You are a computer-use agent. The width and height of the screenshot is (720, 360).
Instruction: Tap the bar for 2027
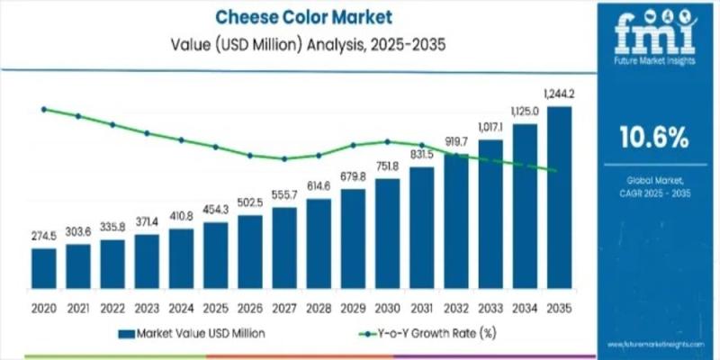click(x=284, y=245)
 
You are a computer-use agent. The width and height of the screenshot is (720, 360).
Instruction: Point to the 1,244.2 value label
click(x=560, y=94)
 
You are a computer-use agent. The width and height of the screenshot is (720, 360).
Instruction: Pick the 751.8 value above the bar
click(x=387, y=166)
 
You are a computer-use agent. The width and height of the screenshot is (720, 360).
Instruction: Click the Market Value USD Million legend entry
click(x=200, y=333)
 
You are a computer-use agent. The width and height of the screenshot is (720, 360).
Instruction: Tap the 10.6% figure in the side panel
click(x=654, y=138)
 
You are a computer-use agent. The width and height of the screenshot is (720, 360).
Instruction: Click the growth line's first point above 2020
click(x=43, y=109)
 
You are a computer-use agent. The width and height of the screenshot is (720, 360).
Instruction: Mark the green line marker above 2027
click(x=284, y=159)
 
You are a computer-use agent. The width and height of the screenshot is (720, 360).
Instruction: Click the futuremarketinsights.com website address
click(x=654, y=344)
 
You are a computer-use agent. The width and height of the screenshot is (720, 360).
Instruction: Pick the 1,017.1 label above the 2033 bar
click(x=490, y=127)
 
